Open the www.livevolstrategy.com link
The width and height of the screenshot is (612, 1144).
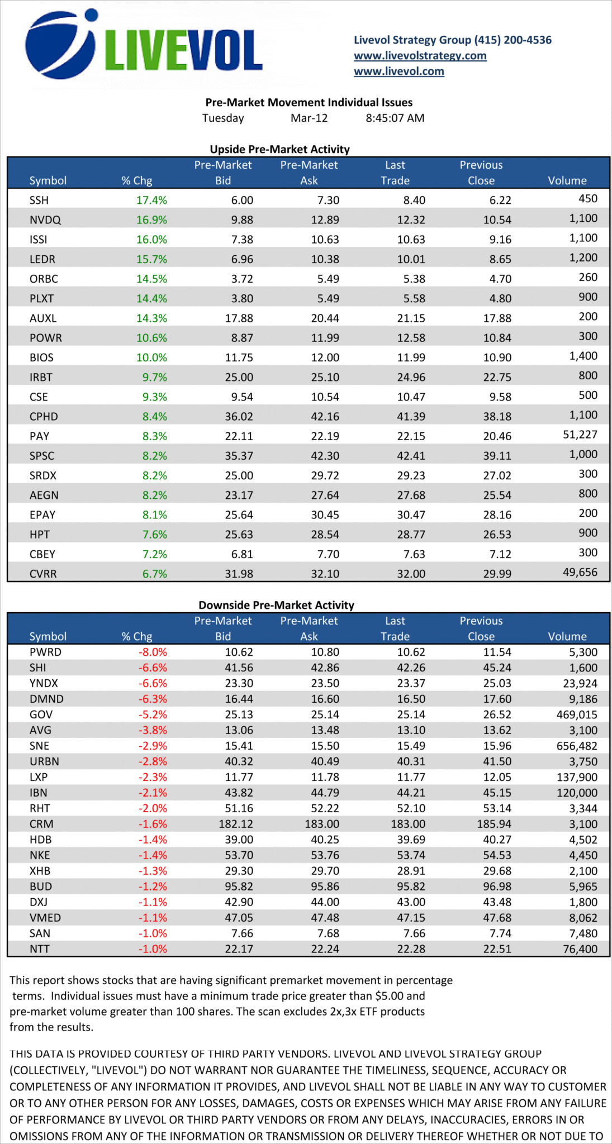420,56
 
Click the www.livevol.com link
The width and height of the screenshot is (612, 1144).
398,71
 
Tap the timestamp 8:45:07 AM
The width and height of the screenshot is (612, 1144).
395,118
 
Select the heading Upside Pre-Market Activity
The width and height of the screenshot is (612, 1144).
279,149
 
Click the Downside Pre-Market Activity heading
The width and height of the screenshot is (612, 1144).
276,605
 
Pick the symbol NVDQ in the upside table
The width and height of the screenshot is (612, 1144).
45,220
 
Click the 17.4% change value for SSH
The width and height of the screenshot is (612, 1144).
151,201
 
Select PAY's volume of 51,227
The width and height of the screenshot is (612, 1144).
580,435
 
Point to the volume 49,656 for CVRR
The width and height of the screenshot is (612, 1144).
580,573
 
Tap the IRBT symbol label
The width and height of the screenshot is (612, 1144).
41,378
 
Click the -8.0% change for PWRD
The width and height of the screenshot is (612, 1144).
153,652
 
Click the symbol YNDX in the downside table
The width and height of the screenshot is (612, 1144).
44,684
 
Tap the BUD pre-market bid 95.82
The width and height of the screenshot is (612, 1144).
239,887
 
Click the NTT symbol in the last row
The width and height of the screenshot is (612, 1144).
39,949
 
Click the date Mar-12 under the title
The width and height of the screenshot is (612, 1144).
309,118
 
